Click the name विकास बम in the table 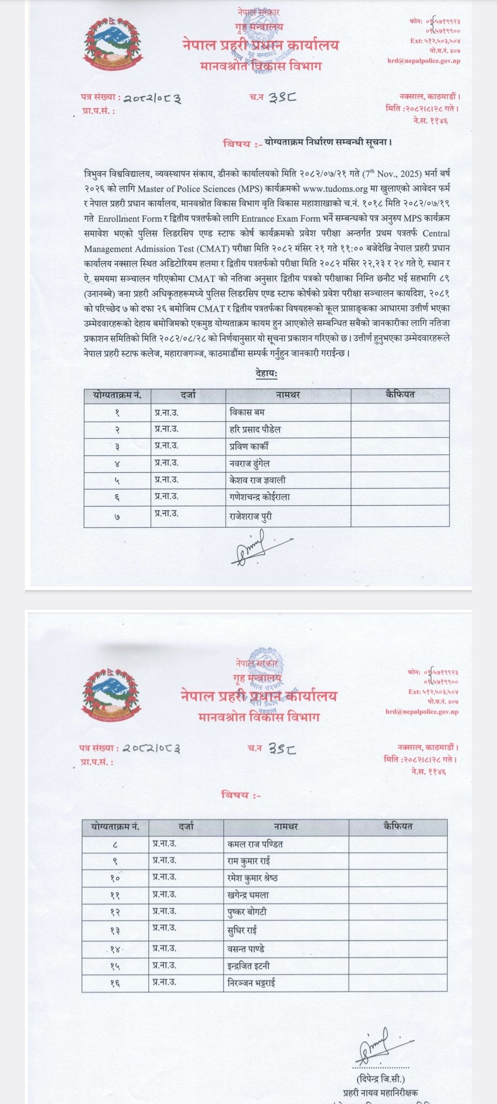click(247, 413)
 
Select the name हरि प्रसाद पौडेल click(255, 430)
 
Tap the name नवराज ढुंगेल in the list click(249, 464)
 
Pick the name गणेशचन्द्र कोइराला click(260, 497)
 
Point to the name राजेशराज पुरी click(250, 516)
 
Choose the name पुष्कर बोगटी click(247, 912)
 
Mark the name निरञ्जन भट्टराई click(252, 983)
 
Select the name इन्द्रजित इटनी click(248, 966)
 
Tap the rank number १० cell click(116, 878)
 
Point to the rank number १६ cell click(115, 983)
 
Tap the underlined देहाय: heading click(266, 374)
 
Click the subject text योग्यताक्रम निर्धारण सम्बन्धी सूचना click(328, 143)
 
